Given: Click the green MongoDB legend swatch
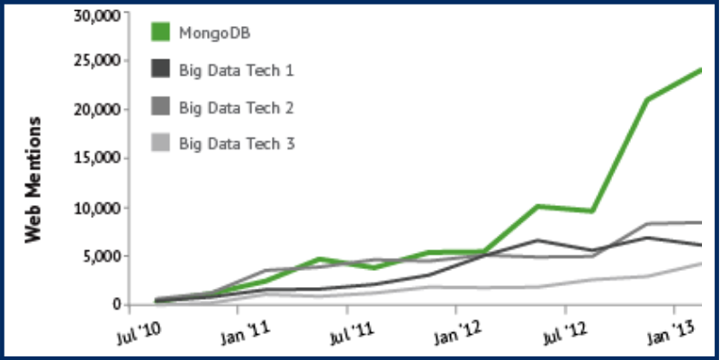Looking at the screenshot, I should (x=160, y=33).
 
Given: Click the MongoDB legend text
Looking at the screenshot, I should (x=214, y=33).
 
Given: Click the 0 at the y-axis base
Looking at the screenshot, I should (x=116, y=305).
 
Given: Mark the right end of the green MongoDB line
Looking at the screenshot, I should (x=700, y=69).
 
